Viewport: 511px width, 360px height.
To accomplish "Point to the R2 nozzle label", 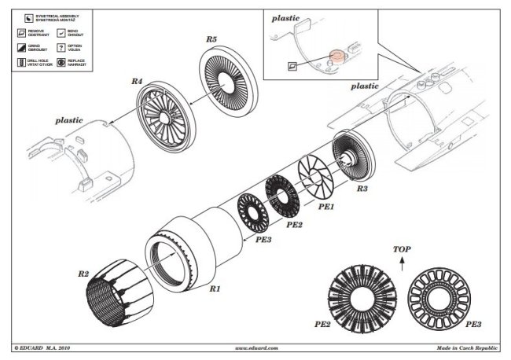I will [x=83, y=274].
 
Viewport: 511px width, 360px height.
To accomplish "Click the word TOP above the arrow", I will [x=401, y=248].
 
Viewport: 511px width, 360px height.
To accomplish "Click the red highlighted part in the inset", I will [x=335, y=57].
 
